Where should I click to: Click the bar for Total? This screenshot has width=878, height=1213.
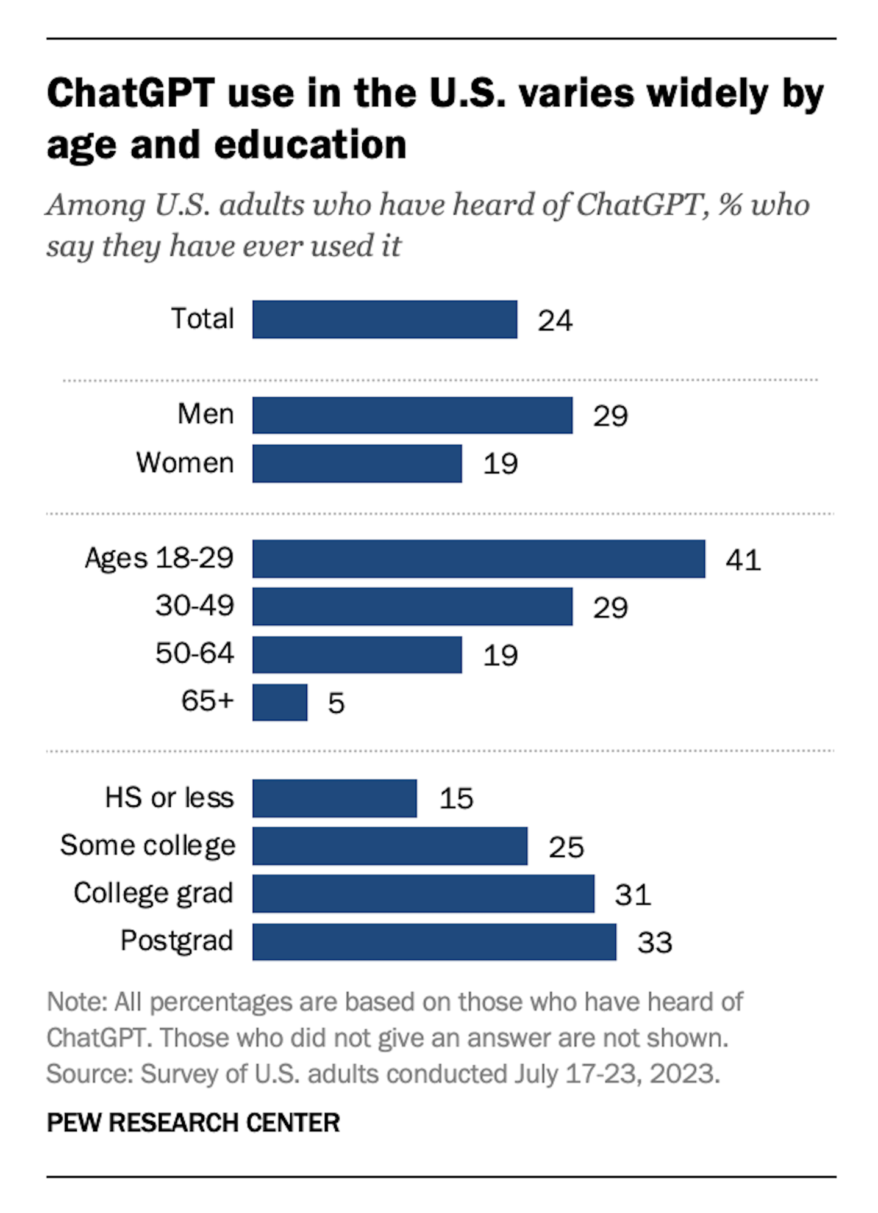coord(385,319)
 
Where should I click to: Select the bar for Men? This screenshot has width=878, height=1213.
coord(412,415)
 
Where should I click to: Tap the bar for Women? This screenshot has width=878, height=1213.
coord(357,463)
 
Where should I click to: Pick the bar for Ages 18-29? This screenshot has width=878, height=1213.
coord(479,558)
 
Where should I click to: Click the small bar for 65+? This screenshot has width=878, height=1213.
coord(280,702)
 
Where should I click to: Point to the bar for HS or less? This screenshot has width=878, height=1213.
coord(335,798)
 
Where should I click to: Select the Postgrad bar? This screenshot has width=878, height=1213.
coord(434,941)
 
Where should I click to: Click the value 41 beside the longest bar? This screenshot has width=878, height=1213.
coord(743,560)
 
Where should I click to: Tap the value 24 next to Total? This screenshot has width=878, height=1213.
coord(555,320)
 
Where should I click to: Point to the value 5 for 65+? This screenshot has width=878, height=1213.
coord(337,704)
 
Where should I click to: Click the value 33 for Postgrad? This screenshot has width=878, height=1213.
coord(655,943)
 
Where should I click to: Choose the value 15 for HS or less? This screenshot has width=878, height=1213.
coord(456,799)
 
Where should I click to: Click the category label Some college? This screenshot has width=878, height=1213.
coord(148,846)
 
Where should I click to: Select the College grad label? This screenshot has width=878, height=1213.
coord(154,893)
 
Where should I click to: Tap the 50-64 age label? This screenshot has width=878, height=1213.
coord(195,653)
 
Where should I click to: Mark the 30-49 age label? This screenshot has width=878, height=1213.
coord(195,606)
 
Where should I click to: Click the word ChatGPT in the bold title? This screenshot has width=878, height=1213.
coord(130,94)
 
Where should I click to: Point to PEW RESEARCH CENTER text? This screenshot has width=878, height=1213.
coord(193,1123)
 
